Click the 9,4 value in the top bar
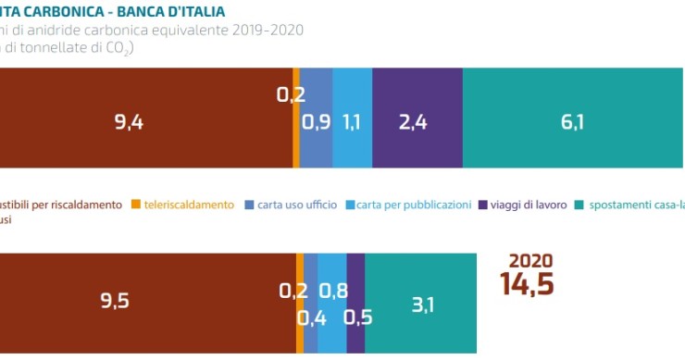click(129, 122)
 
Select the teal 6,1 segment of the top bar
click(571, 122)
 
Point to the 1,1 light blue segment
click(352, 122)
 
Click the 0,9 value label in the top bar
click(317, 122)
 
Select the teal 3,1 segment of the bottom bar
click(422, 304)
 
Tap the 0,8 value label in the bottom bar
click(333, 291)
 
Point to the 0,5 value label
click(357, 318)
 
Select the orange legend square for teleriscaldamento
click(135, 204)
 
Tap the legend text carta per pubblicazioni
click(414, 204)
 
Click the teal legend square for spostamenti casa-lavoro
click(579, 204)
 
